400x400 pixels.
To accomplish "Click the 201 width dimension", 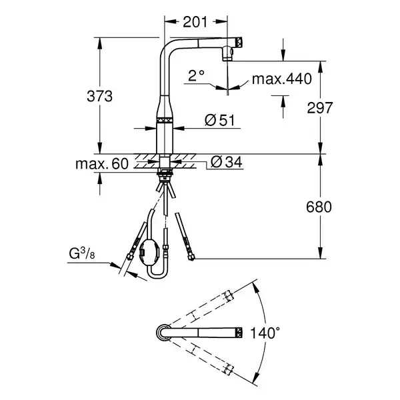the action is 195,22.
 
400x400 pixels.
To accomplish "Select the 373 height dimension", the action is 99,97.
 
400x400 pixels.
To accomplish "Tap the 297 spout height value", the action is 320,107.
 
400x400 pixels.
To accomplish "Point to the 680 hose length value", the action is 319,207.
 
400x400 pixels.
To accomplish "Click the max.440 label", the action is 281,79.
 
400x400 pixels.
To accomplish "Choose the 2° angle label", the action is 196,75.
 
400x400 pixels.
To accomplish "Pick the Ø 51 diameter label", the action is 219,120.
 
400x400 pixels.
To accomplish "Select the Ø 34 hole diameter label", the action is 227,162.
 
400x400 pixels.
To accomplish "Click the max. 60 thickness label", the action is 102,163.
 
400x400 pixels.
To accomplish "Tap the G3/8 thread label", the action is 82,253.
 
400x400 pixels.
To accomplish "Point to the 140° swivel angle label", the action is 265,333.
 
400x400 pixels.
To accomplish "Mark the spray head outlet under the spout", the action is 227,53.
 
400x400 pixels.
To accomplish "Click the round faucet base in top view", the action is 163,333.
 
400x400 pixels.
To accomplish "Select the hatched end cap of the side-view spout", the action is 239,42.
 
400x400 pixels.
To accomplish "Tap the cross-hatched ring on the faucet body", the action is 165,121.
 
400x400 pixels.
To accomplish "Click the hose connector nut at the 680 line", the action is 191,257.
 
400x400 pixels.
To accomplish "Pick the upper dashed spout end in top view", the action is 228,296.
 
